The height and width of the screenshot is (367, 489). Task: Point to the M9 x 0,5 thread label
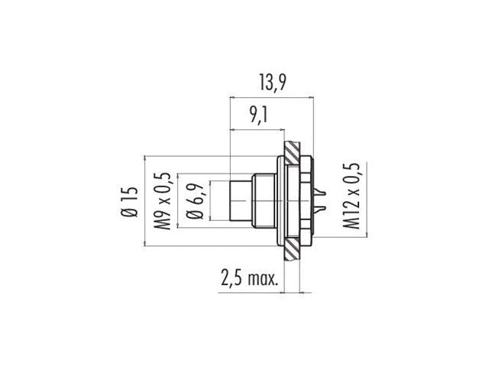163,203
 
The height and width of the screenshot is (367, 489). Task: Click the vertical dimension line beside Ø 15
144,203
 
